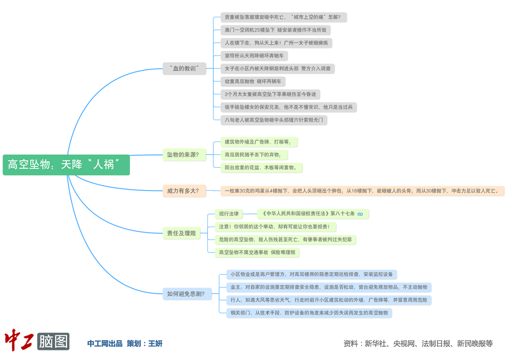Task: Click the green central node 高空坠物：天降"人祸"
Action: click(x=66, y=165)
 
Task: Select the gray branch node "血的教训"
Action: click(x=185, y=68)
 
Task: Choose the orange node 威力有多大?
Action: click(x=183, y=191)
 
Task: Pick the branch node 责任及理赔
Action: click(x=182, y=233)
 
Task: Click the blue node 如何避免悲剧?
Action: click(x=186, y=294)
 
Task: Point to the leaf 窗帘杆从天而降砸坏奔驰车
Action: click(x=257, y=56)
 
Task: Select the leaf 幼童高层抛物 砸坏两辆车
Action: click(x=253, y=81)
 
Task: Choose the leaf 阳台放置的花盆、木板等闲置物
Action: click(x=264, y=167)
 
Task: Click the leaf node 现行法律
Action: click(x=229, y=214)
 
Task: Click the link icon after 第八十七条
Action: click(x=360, y=214)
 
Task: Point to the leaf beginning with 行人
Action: click(x=329, y=300)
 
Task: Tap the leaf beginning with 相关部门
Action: click(x=309, y=313)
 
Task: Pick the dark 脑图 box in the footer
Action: click(x=53, y=341)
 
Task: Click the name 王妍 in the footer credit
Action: click(x=155, y=344)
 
